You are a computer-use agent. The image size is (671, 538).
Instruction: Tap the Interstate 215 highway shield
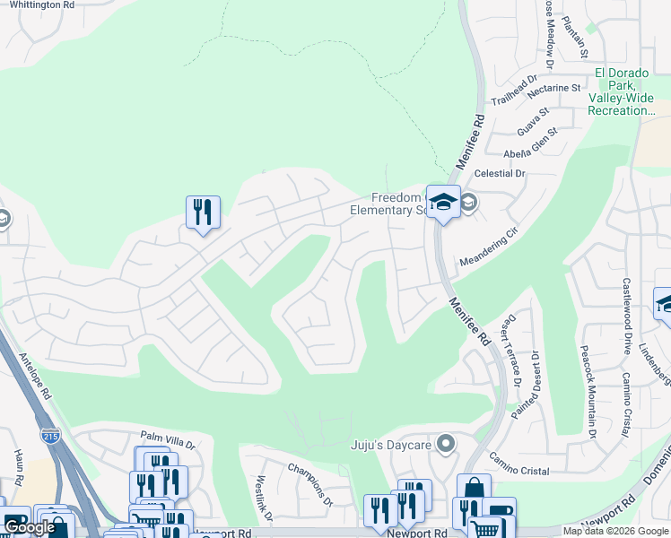[x=48, y=436]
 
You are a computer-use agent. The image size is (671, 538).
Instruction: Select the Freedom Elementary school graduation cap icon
[x=442, y=203]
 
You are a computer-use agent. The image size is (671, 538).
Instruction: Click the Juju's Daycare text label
[x=392, y=444]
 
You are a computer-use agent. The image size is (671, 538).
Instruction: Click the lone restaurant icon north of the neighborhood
[x=202, y=213]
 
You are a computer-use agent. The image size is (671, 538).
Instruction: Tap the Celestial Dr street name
[x=501, y=173]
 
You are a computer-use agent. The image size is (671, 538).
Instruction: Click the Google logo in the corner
[x=30, y=527]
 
